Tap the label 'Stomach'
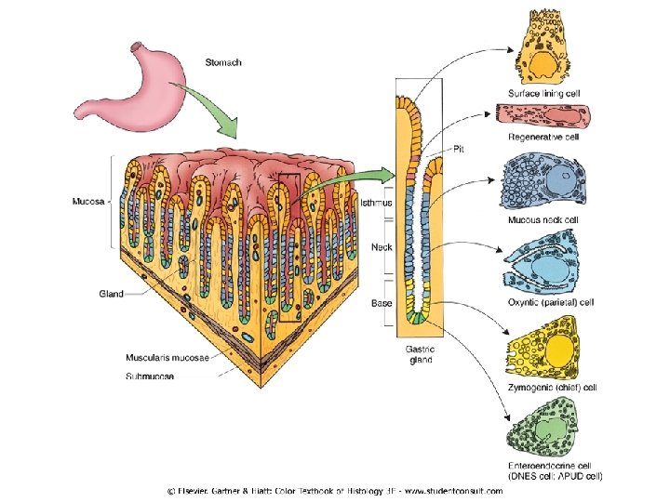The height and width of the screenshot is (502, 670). coord(223,62)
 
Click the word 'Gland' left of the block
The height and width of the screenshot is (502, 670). coord(112,293)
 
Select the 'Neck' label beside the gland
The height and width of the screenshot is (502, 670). coord(380,247)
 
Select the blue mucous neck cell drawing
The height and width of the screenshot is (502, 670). coord(544,181)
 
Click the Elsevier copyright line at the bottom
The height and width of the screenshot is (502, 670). coord(334,491)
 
